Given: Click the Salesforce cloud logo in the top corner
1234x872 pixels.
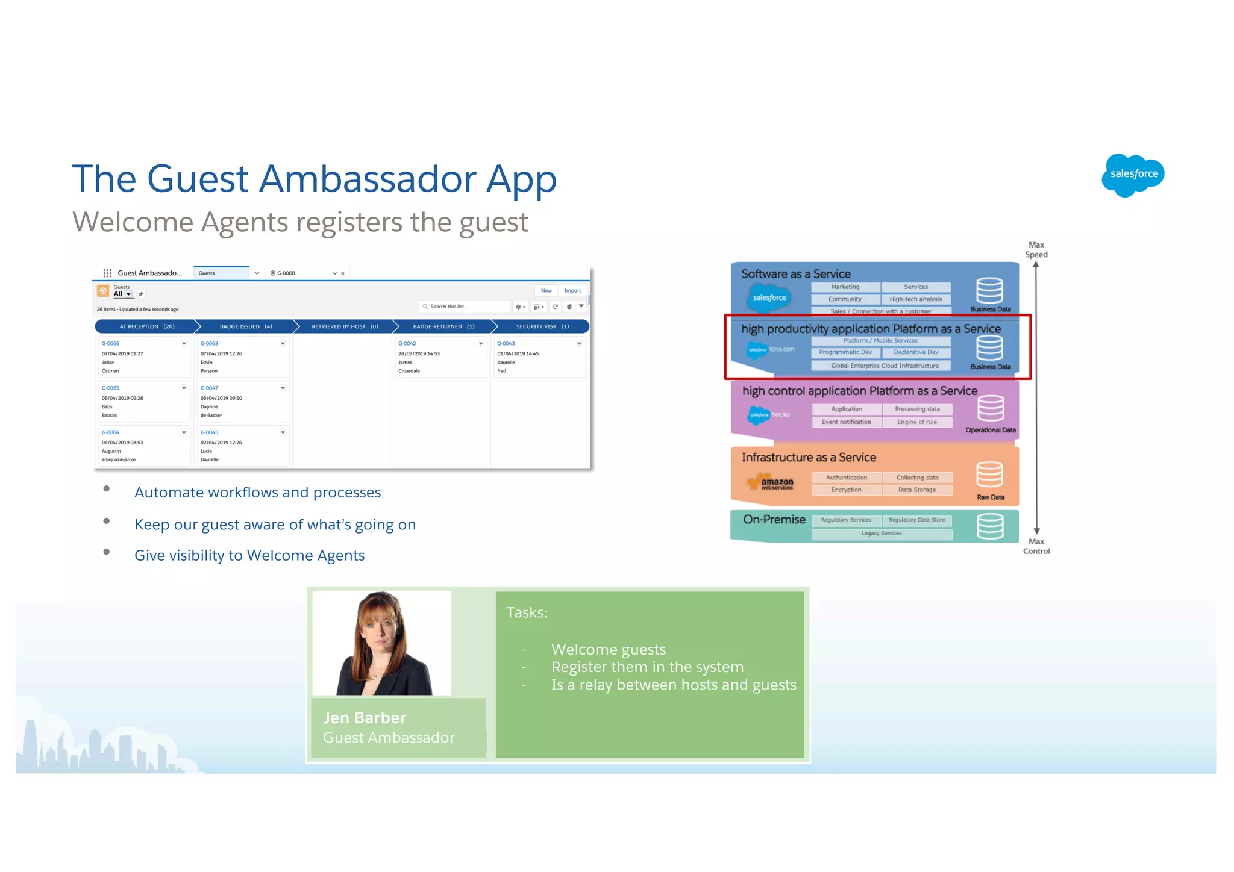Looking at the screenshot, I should [1133, 175].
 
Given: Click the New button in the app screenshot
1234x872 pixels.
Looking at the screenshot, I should [546, 291].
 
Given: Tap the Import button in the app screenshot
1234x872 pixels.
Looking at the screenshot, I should [572, 291].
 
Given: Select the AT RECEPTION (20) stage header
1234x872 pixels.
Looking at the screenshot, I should [146, 326].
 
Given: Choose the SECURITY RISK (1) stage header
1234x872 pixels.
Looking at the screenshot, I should [542, 326].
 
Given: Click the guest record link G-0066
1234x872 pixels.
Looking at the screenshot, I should [111, 344].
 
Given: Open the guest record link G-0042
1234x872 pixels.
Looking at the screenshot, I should [407, 344].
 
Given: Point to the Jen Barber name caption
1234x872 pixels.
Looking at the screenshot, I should [365, 718].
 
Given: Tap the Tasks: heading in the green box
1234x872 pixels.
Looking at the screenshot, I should [527, 613].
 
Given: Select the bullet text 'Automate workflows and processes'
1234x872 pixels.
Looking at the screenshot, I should [257, 493].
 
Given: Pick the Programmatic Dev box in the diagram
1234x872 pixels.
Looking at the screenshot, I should [845, 352].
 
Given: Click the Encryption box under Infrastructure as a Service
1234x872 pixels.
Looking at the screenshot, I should [846, 490].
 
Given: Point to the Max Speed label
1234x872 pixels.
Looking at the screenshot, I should [1036, 249].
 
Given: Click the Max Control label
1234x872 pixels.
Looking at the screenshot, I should [1036, 546].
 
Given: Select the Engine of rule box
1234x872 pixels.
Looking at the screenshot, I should [917, 422].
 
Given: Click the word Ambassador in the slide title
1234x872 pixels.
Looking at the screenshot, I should [368, 179].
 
